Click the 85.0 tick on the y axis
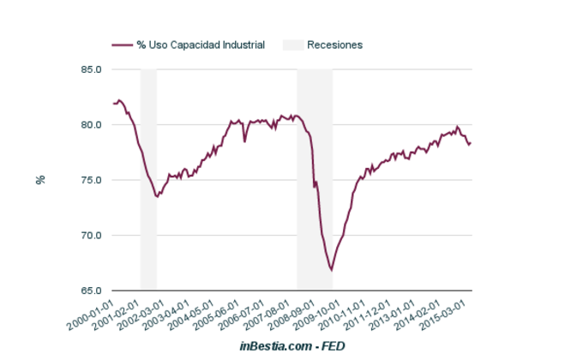point(91,69)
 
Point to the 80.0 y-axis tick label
point(91,125)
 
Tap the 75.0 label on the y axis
point(91,180)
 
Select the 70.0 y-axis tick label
point(91,236)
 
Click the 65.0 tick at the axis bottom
point(91,291)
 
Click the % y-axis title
point(39,180)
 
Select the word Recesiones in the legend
point(334,45)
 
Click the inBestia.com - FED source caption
point(291,345)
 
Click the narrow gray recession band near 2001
point(148,180)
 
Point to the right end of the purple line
point(471,142)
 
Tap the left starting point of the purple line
point(113,104)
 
